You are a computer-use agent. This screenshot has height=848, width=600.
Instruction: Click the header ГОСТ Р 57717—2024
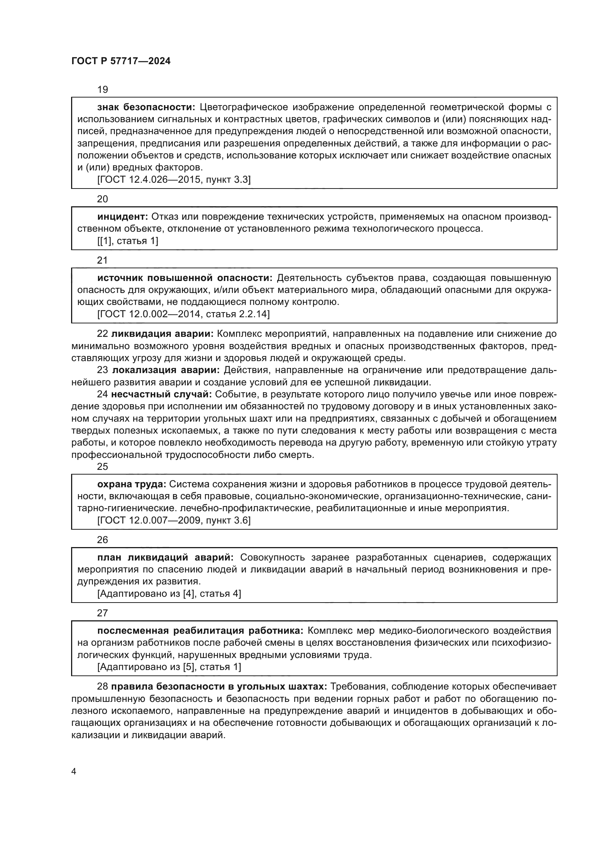[x=121, y=61]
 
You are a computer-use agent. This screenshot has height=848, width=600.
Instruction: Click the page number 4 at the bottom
[x=74, y=772]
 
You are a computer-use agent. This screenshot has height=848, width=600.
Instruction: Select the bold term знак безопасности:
[x=146, y=107]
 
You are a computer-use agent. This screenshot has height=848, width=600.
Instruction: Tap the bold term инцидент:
[x=122, y=216]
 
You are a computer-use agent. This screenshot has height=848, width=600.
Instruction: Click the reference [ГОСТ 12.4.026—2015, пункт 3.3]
[x=174, y=180]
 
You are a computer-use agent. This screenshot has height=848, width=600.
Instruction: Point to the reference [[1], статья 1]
[x=127, y=241]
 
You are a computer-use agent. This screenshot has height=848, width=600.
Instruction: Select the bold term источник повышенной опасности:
[x=184, y=278]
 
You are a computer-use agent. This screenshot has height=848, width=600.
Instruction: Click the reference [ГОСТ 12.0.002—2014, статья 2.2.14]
[x=183, y=314]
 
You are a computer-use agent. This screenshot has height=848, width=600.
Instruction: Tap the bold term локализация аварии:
[x=166, y=370]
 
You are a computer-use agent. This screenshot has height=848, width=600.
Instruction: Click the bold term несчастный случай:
[x=161, y=394]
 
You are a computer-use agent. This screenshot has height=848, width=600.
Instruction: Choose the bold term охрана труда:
[x=132, y=484]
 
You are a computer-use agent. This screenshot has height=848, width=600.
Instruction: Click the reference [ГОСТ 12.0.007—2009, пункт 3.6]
[x=174, y=520]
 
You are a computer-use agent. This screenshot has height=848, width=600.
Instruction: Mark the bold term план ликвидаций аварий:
[x=165, y=557]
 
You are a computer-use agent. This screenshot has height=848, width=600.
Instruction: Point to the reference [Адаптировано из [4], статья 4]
[x=169, y=593]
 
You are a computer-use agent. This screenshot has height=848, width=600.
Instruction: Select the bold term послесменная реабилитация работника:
[x=200, y=630]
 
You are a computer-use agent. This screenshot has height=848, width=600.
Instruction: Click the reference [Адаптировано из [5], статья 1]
[x=169, y=667]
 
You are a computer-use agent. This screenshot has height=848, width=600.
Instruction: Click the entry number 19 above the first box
[x=102, y=90]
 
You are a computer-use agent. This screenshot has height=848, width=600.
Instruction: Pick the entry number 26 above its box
[x=102, y=539]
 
